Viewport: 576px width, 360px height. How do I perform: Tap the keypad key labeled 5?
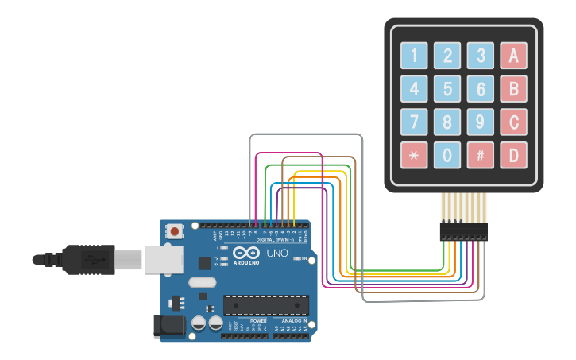[447, 88]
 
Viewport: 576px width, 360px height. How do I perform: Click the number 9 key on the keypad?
[480, 122]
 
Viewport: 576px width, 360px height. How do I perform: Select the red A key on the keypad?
[513, 56]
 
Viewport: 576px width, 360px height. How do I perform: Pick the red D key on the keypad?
[513, 155]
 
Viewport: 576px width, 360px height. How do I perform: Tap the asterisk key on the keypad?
[414, 155]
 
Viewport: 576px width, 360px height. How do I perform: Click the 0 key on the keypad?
[447, 155]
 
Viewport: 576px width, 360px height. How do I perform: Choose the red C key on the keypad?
[513, 122]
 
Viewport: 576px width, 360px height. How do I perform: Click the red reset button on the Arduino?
[174, 231]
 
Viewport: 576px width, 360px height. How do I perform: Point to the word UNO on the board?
[276, 253]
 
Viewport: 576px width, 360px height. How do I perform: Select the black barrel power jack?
[168, 325]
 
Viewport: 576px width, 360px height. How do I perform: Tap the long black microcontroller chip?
[265, 304]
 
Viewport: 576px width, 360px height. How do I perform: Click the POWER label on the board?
[258, 320]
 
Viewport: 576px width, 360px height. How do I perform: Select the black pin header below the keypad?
[463, 231]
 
